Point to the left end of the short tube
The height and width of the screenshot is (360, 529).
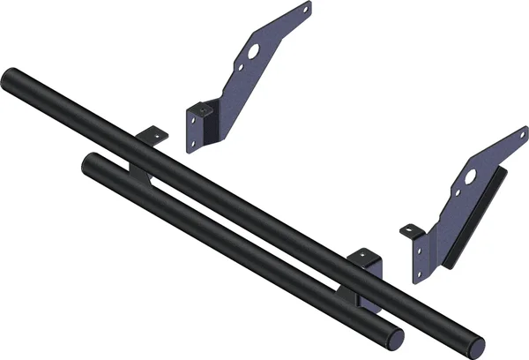(x=89, y=164)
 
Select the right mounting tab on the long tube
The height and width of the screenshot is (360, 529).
(x=363, y=257)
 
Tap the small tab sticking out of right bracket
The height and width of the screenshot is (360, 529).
(x=410, y=231)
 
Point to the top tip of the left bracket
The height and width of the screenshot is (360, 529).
(x=306, y=7)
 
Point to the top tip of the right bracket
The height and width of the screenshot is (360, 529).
(x=520, y=133)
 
